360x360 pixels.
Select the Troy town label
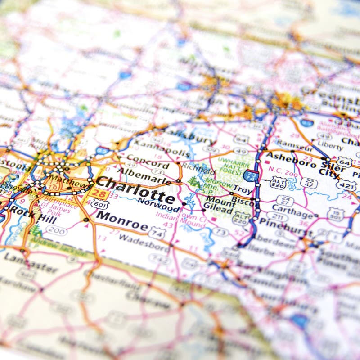pyautogui.click(x=243, y=190)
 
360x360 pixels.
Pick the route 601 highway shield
pyautogui.click(x=99, y=204)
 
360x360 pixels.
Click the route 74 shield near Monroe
pyautogui.click(x=157, y=234)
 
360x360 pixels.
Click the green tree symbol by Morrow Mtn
pyautogui.click(x=194, y=182)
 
